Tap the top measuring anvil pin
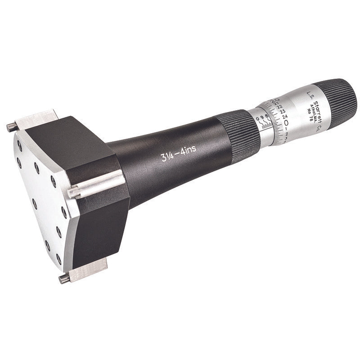point(11,126)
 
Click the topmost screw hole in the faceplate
point(20,144)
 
